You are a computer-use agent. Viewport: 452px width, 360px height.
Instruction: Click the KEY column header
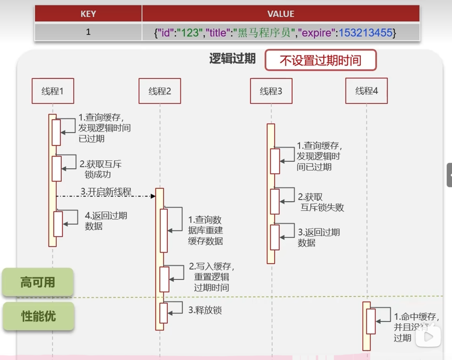[88, 14]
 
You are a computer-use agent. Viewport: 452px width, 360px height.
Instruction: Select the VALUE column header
[280, 14]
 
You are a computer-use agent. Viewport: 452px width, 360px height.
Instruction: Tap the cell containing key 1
[88, 32]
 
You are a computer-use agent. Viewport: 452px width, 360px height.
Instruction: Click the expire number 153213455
[365, 33]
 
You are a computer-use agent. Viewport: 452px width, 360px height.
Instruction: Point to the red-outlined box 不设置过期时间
[320, 60]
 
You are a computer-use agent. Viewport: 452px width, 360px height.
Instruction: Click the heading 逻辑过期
[232, 59]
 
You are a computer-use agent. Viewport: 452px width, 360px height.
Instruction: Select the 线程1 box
[53, 91]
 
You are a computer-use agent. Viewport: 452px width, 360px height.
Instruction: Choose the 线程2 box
[160, 91]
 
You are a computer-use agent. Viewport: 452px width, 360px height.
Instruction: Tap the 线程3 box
[271, 91]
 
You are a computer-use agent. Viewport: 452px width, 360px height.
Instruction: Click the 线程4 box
[366, 91]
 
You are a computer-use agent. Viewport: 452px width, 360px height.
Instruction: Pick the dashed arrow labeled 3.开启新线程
[106, 195]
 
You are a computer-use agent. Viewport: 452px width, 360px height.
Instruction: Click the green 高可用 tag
[38, 282]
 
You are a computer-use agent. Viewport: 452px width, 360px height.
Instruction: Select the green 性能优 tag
[38, 316]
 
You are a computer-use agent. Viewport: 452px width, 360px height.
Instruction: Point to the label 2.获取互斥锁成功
[100, 169]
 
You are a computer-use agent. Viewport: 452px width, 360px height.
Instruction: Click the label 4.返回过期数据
[105, 221]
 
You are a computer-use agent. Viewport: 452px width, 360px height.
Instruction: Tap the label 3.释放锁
[205, 310]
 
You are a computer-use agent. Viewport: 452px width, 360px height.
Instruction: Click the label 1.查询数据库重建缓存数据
[205, 230]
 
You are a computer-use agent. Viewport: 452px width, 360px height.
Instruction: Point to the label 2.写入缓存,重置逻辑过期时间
[211, 277]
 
